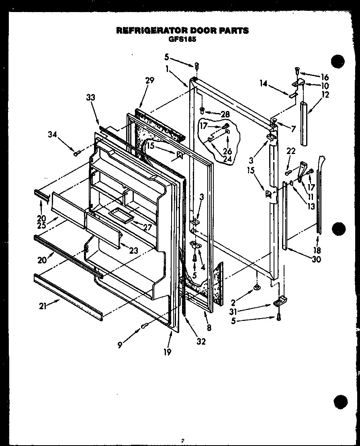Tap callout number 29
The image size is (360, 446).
tap(149, 81)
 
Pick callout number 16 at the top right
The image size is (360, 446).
tap(325, 77)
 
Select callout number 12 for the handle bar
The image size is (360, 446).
tap(325, 95)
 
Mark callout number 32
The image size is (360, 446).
tap(201, 341)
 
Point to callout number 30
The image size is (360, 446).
tap(316, 259)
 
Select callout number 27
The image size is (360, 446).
tap(147, 227)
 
